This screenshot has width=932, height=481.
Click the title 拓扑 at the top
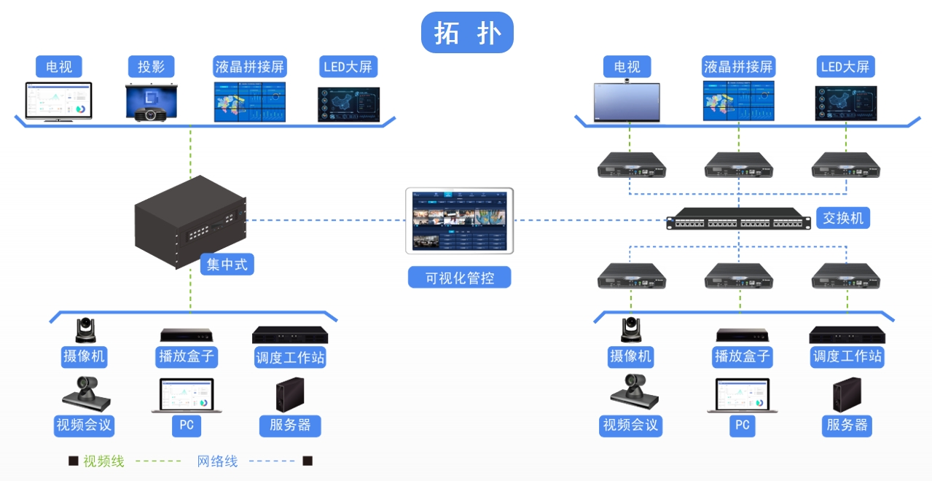[x=467, y=33]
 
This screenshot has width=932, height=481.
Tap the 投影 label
[x=152, y=67]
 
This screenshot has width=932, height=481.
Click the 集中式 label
[x=227, y=264]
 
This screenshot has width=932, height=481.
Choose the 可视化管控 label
[x=459, y=278]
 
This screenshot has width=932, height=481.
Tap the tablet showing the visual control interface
[x=459, y=220]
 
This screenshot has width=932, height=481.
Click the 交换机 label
[x=842, y=217]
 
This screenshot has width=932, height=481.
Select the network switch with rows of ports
[x=737, y=219]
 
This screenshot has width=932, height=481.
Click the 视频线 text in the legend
[x=103, y=461]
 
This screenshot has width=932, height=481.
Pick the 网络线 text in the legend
[x=217, y=461]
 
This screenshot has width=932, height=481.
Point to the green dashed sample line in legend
[x=158, y=461]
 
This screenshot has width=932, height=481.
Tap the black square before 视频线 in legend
[x=73, y=461]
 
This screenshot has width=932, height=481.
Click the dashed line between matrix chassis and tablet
[x=324, y=220]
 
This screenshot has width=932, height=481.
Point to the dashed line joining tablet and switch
[x=590, y=220]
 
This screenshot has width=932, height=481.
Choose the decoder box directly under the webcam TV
[x=630, y=165]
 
